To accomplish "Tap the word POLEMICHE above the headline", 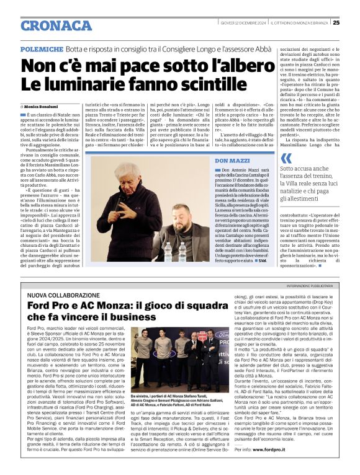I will coord(42,48).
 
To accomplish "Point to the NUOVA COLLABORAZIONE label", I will coord(66,295).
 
